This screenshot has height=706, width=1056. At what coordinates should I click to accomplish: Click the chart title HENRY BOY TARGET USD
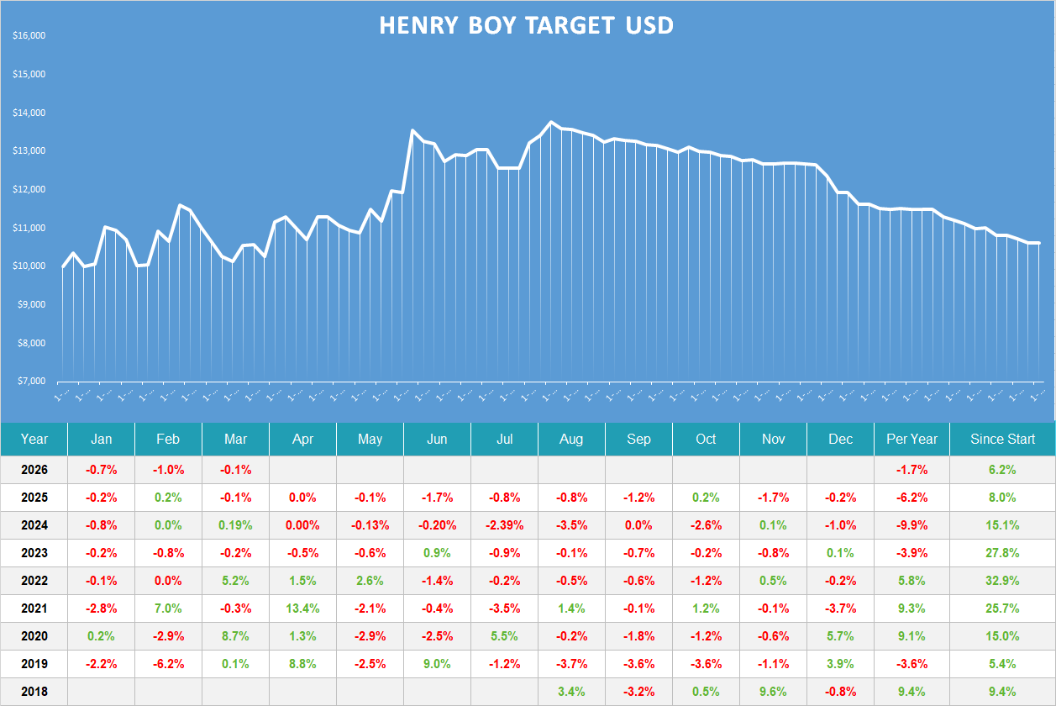click(526, 25)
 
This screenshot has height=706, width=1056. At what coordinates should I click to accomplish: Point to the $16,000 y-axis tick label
click(29, 36)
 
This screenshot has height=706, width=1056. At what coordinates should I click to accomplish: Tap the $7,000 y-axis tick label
click(31, 382)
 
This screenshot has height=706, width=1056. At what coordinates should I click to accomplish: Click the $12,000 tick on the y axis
click(29, 190)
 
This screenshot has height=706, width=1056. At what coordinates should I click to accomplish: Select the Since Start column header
click(1002, 439)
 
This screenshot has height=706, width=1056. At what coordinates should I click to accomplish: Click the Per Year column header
click(912, 439)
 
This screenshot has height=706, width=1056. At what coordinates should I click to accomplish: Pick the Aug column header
click(571, 439)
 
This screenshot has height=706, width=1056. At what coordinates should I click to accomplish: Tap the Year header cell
click(34, 439)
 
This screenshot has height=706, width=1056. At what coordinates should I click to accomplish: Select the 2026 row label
click(34, 470)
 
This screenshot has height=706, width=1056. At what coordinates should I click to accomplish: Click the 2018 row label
click(34, 692)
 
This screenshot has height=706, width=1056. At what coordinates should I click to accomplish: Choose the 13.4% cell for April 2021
click(302, 609)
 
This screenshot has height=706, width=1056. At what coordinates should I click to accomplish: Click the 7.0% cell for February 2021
click(168, 609)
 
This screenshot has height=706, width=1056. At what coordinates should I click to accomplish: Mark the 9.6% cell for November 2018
click(773, 692)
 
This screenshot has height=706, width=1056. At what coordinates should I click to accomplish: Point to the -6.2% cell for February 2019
click(168, 664)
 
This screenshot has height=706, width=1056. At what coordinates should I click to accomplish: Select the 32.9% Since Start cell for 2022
click(1002, 581)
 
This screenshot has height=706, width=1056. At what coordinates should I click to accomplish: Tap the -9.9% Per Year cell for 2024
click(912, 525)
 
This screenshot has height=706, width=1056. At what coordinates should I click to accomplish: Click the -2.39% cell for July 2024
click(504, 525)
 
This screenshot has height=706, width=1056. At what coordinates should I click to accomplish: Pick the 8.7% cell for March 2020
click(235, 636)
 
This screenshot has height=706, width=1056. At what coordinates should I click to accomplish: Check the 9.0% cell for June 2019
click(437, 664)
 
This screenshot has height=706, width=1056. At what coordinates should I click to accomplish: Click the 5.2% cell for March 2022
click(235, 581)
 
